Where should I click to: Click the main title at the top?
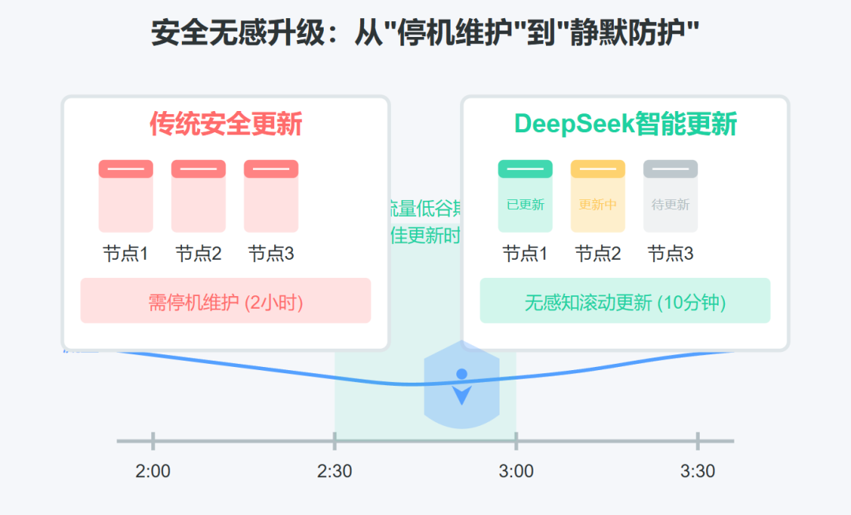point(425,34)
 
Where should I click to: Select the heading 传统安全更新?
point(226,124)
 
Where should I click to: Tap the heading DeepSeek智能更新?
point(625,124)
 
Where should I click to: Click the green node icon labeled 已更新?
point(525,197)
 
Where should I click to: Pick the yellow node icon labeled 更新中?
point(597,197)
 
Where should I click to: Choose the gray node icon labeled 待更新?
point(670,197)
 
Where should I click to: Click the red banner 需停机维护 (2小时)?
point(225,301)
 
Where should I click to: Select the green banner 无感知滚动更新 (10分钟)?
point(625,301)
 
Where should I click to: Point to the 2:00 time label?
point(153,472)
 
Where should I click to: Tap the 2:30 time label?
point(335,472)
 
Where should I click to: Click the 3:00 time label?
point(516,472)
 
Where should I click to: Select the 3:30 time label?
point(697,472)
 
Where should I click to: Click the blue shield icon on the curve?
point(462,385)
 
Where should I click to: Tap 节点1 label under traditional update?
point(125,254)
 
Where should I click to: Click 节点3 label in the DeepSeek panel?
point(671,254)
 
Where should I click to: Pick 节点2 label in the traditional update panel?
point(199,254)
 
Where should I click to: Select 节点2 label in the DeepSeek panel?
point(598,254)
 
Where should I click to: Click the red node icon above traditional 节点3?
point(271,197)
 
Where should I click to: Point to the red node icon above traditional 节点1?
point(125,197)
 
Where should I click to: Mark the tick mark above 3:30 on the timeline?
point(697,441)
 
